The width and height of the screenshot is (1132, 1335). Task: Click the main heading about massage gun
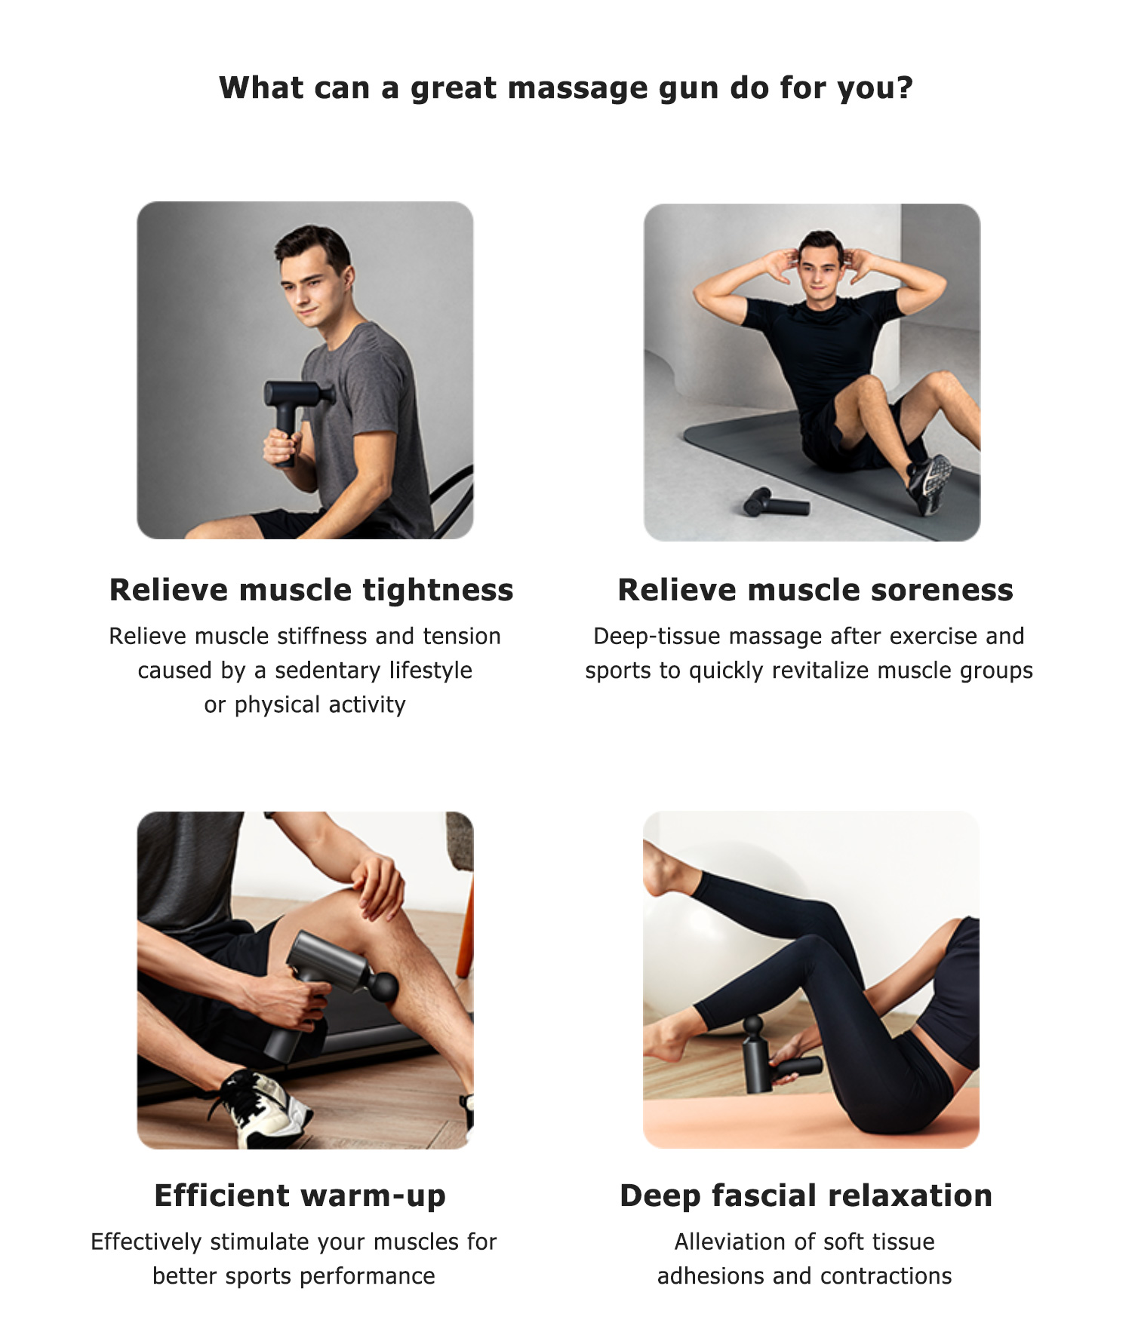pos(566,88)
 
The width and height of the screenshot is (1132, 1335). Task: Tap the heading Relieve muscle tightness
pos(311,590)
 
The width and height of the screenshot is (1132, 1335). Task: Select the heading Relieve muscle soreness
pos(815,590)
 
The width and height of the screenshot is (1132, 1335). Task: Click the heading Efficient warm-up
pos(300,1196)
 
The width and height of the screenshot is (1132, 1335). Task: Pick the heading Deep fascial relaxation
pos(806,1195)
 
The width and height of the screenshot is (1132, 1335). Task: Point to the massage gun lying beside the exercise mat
pos(775,502)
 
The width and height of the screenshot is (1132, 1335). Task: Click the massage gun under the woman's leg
pos(774,1056)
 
